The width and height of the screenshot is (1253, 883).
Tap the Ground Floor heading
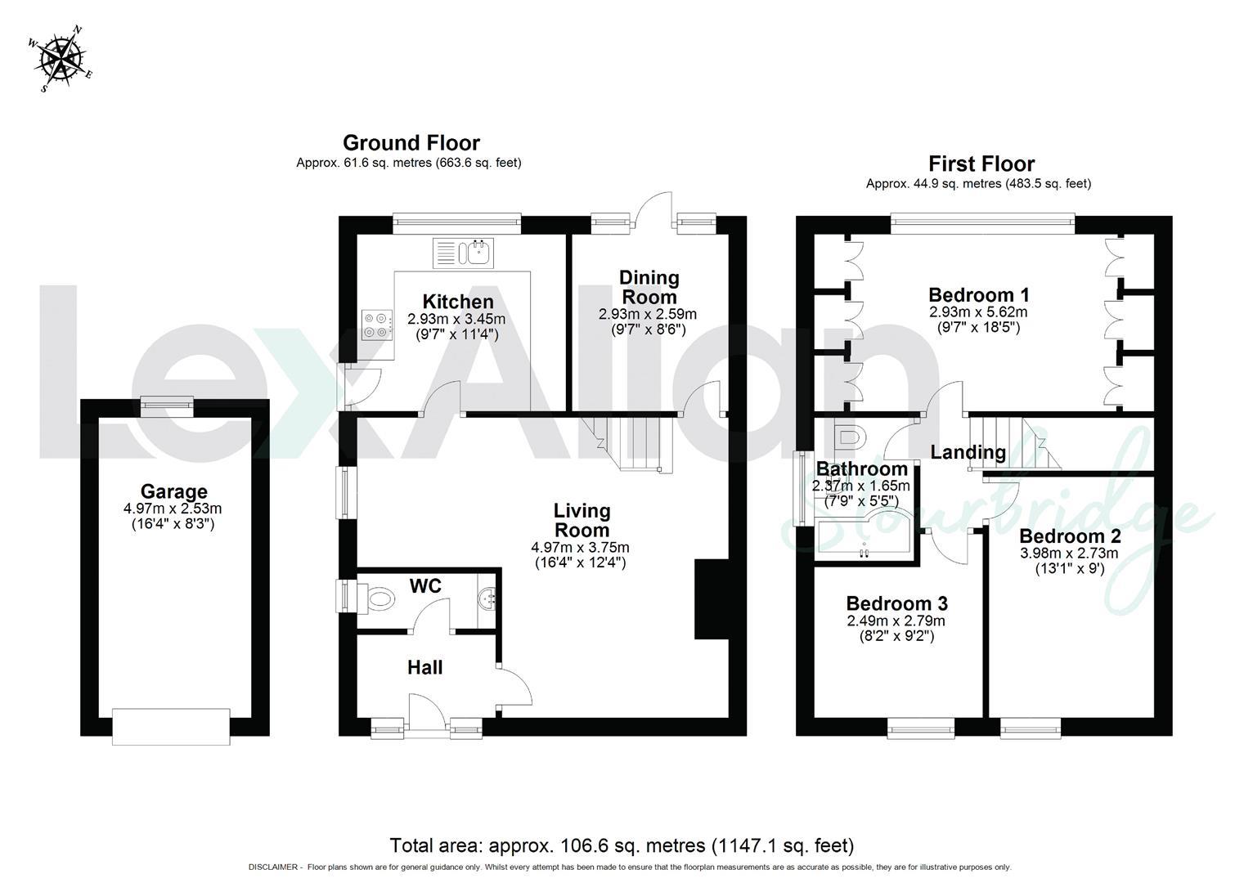(x=411, y=143)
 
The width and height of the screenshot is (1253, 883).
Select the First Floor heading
(x=981, y=164)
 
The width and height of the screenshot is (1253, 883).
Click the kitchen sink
(x=463, y=253)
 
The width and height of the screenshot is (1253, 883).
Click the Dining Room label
(x=649, y=287)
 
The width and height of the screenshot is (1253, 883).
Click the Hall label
(x=424, y=668)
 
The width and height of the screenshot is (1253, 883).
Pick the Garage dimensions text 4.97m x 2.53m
(x=173, y=509)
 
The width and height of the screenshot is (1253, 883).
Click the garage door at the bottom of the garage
(x=172, y=726)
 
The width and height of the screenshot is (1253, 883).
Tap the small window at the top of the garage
(x=167, y=402)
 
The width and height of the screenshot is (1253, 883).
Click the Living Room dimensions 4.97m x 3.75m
(x=581, y=548)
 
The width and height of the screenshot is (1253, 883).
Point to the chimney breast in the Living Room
(x=710, y=599)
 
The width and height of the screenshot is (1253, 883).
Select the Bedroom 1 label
(x=978, y=295)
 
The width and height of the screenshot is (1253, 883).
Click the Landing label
(x=968, y=452)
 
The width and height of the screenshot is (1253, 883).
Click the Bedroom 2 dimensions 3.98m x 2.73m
(x=1069, y=554)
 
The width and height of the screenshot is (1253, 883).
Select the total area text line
(x=622, y=845)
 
